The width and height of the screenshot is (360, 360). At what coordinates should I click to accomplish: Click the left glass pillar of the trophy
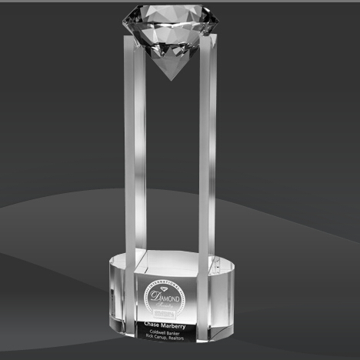click(x=135, y=154)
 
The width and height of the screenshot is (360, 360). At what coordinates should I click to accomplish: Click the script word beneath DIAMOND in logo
click(x=165, y=305)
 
